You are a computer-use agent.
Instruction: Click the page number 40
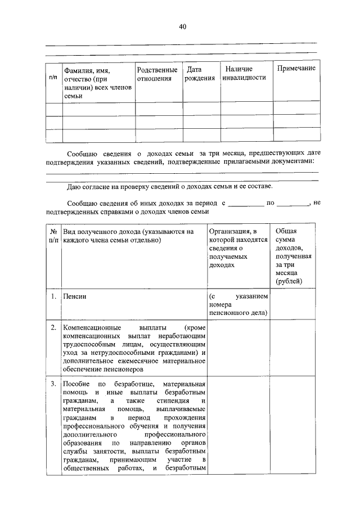[x=182, y=26]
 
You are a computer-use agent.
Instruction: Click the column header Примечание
[x=296, y=68]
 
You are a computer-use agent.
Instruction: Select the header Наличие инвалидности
[x=243, y=73]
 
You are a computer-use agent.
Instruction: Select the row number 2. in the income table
[x=53, y=327]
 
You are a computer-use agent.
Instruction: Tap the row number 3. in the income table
[x=53, y=384]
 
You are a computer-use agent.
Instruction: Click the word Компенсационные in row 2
[x=90, y=327]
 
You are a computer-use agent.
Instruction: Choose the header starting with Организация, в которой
[x=234, y=247]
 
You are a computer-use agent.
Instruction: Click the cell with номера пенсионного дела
[x=238, y=304]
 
